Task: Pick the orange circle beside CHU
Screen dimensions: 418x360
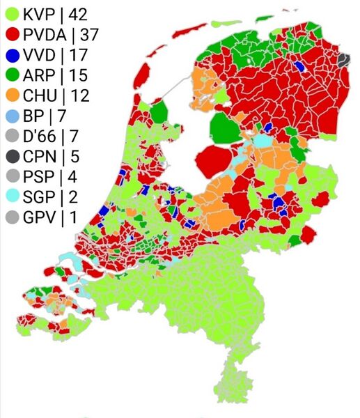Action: [13, 94]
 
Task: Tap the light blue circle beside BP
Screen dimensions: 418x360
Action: [13, 115]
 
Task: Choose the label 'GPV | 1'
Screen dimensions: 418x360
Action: [53, 217]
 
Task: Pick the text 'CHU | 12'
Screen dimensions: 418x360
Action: [59, 94]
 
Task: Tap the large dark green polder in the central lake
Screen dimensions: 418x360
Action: [224, 129]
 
